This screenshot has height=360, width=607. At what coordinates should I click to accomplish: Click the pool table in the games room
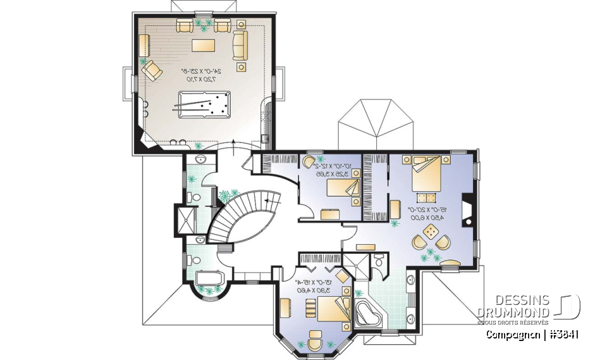click(204, 104)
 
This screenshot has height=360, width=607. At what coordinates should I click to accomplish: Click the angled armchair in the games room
click(152, 70)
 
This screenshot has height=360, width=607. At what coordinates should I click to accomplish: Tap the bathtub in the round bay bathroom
click(208, 279)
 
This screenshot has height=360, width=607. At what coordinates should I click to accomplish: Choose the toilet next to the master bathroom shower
click(379, 261)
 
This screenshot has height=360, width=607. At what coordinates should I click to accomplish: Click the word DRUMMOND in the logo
click(513, 311)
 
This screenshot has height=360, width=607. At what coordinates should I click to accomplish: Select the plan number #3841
click(565, 335)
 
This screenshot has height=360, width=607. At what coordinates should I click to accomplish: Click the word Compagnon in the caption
click(513, 335)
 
